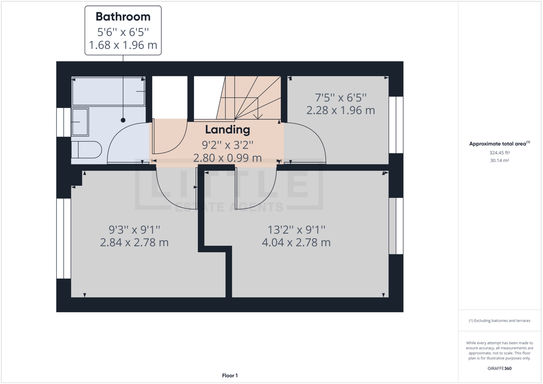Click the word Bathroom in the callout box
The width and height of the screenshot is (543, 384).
click(x=123, y=17)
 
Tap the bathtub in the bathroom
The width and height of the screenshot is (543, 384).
click(x=108, y=91)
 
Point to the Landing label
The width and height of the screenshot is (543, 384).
click(x=227, y=130)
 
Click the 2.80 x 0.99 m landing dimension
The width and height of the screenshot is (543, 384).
click(x=227, y=158)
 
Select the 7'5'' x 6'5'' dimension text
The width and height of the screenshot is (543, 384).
click(x=341, y=98)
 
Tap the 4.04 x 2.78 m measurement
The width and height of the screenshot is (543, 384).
click(x=296, y=243)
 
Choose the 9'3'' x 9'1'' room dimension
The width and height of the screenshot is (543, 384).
click(x=134, y=230)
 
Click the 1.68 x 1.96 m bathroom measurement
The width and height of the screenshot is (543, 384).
click(x=123, y=45)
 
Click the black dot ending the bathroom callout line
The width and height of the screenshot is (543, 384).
click(x=123, y=120)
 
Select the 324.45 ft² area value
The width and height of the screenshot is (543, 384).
click(x=499, y=153)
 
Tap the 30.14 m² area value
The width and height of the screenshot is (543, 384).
click(x=499, y=160)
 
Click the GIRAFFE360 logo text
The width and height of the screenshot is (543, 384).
click(x=499, y=368)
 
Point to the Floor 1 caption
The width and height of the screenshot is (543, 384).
click(x=230, y=376)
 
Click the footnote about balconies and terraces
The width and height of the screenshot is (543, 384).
click(x=499, y=321)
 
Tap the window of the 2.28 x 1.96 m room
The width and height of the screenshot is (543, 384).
click(x=396, y=125)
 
